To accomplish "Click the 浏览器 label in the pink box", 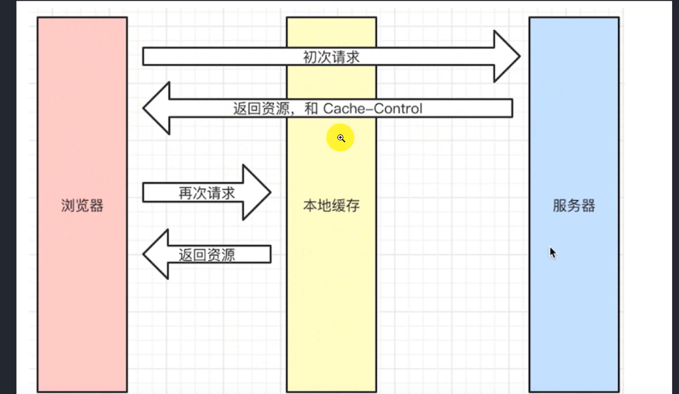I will [x=82, y=206].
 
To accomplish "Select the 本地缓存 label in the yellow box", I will [x=331, y=206].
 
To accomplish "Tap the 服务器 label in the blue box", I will [x=574, y=206].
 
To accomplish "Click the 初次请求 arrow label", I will [x=331, y=57].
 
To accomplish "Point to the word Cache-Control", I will [x=372, y=109].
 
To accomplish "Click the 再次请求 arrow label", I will [x=206, y=193].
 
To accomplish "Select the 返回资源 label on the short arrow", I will [x=206, y=255].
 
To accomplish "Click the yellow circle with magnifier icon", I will [x=340, y=138].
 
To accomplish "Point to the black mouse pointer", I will [x=552, y=252].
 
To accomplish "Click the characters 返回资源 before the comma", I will [x=261, y=109].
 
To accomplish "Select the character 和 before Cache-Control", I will [x=311, y=109].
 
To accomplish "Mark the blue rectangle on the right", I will [x=574, y=303].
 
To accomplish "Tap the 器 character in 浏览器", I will [x=96, y=206].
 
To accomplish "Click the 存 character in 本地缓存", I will [x=353, y=206].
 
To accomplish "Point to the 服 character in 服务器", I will [x=560, y=206].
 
